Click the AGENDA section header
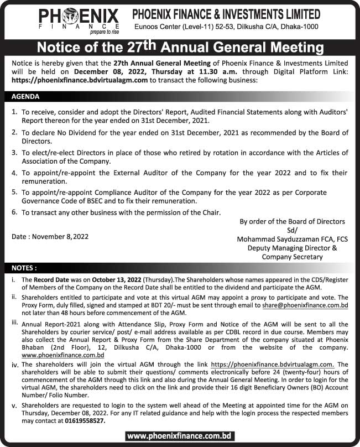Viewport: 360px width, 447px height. (25, 96)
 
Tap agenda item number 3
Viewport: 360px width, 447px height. (14, 152)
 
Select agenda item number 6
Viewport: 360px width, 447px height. (14, 212)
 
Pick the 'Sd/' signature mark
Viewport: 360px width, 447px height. (292, 230)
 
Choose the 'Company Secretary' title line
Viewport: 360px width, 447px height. (293, 257)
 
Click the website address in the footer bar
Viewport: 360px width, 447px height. (180, 436)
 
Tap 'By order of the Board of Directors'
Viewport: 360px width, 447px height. (292, 221)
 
